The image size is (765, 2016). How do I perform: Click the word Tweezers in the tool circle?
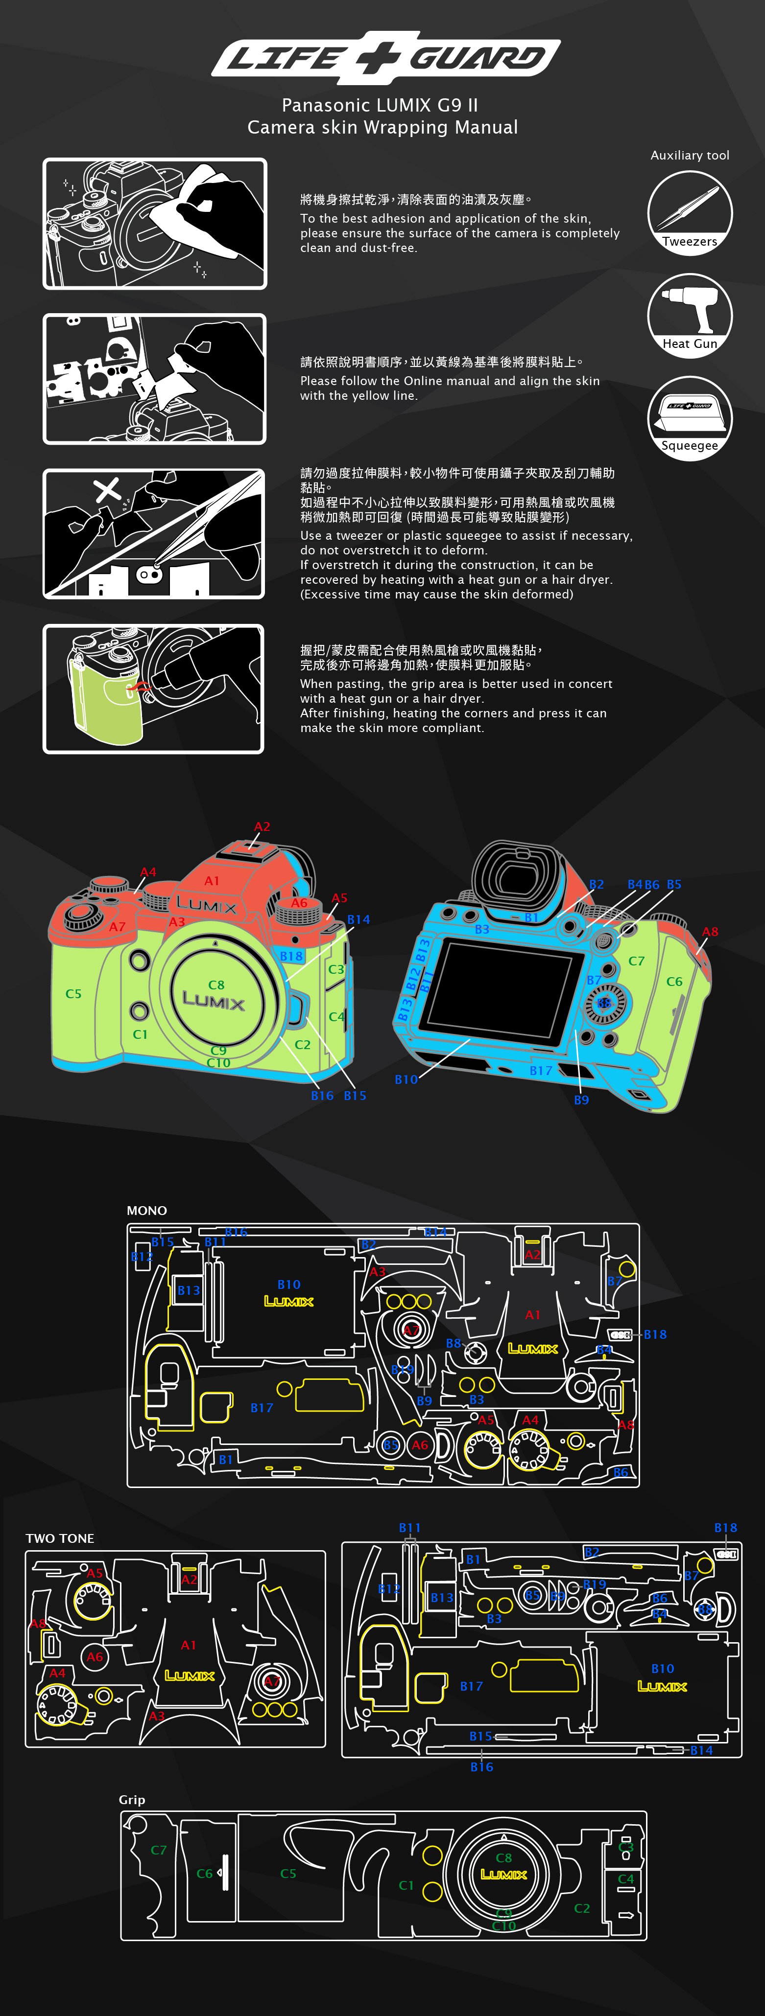click(x=689, y=242)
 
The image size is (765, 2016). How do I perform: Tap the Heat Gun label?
click(x=689, y=344)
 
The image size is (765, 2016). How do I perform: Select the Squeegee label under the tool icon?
click(x=689, y=445)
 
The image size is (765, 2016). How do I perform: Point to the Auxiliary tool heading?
click(x=689, y=156)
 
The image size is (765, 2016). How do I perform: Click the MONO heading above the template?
click(x=146, y=1210)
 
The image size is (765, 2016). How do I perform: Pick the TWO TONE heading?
click(x=60, y=1538)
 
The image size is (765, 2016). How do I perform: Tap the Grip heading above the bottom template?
click(x=132, y=1799)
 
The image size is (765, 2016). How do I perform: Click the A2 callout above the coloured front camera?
click(x=262, y=826)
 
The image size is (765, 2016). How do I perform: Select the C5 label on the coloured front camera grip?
click(x=73, y=994)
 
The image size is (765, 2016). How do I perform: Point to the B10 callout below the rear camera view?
click(x=406, y=1079)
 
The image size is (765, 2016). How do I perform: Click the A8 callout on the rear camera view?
click(x=709, y=931)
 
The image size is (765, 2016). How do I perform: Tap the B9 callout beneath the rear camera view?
click(x=581, y=1100)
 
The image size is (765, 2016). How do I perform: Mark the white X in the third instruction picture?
click(x=106, y=490)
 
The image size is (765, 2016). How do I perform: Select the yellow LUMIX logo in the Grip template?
click(x=503, y=1875)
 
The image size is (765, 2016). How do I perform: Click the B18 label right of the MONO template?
click(x=655, y=1334)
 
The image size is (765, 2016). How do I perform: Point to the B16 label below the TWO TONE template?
click(x=481, y=1766)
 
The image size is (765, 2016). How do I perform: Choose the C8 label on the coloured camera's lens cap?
click(x=216, y=985)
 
